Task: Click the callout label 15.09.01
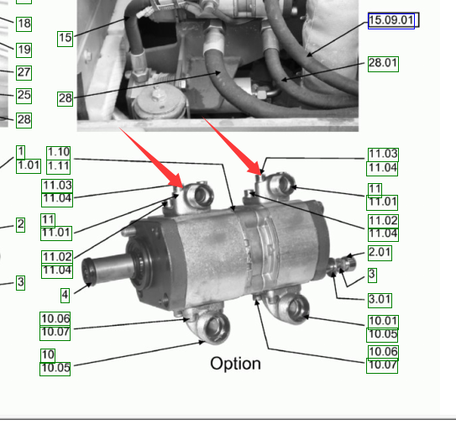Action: click(x=391, y=21)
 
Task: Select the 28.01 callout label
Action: click(x=383, y=64)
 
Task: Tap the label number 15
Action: click(x=65, y=39)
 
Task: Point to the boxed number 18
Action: click(x=24, y=24)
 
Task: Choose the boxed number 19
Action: click(x=24, y=50)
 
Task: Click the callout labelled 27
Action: click(x=24, y=73)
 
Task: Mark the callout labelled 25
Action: click(x=24, y=96)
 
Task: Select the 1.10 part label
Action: click(x=59, y=152)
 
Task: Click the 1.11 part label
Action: click(x=59, y=166)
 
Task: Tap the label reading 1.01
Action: click(x=29, y=166)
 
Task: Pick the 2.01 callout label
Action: click(x=380, y=253)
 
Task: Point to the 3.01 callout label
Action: click(x=380, y=300)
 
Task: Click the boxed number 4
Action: click(x=66, y=296)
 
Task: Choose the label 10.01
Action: click(x=383, y=322)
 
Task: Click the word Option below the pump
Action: click(x=235, y=365)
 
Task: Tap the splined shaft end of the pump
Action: click(x=89, y=271)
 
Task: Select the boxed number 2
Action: click(x=20, y=225)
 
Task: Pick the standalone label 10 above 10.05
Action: click(x=48, y=355)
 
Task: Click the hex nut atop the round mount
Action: click(x=157, y=94)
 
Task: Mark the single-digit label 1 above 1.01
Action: click(x=20, y=152)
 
